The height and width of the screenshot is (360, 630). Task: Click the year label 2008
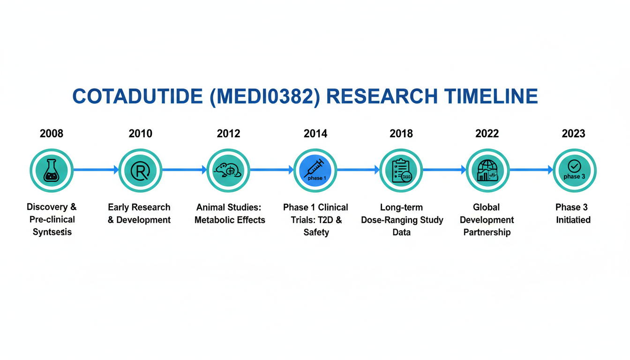click(x=52, y=133)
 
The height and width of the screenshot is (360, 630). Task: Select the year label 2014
click(x=315, y=133)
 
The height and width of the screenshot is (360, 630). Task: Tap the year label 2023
click(x=573, y=133)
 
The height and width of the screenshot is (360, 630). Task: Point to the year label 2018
click(x=401, y=133)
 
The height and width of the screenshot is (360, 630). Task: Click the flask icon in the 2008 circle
click(x=52, y=171)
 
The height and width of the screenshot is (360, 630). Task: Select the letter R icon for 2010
click(x=140, y=171)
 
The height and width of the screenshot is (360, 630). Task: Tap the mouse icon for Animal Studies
click(x=228, y=170)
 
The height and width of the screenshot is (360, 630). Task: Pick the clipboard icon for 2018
click(x=401, y=171)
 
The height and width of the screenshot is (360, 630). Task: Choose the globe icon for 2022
click(x=487, y=171)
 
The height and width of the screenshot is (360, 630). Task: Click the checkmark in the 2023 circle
click(x=574, y=166)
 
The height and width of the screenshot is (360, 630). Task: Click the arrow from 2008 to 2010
click(x=96, y=170)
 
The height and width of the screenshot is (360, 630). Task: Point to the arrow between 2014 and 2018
click(x=358, y=170)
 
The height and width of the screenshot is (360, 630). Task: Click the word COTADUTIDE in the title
click(x=137, y=96)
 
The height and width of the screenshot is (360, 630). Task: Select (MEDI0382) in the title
click(x=265, y=97)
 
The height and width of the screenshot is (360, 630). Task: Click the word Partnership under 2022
click(x=487, y=232)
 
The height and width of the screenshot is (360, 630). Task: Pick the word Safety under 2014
click(x=316, y=232)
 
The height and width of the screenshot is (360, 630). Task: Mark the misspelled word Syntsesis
click(x=52, y=232)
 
